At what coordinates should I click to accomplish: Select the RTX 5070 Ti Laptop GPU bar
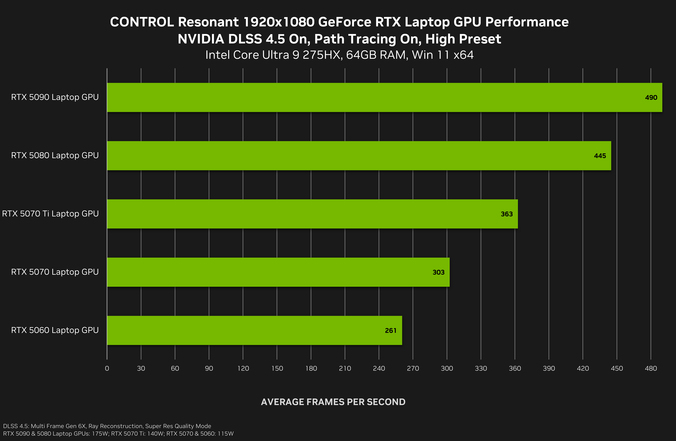(312, 214)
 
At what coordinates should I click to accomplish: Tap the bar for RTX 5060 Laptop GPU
(255, 330)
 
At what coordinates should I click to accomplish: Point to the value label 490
(651, 98)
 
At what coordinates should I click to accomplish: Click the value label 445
(600, 156)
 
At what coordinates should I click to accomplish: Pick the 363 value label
(507, 214)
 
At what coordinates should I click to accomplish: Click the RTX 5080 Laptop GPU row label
(55, 155)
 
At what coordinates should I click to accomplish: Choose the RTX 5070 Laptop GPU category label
(55, 272)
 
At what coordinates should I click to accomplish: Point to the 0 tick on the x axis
(107, 369)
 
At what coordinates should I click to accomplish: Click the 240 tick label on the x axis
(379, 369)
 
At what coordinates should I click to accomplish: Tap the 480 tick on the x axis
(651, 369)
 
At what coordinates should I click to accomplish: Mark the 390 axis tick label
(549, 369)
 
